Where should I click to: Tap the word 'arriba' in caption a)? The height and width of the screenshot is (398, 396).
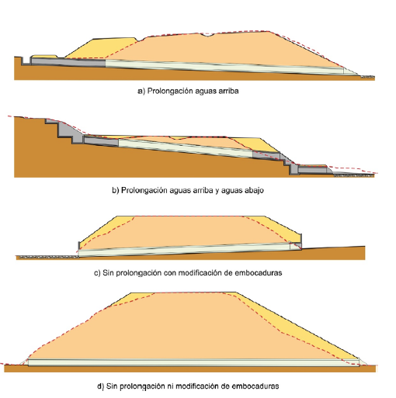(x=228, y=91)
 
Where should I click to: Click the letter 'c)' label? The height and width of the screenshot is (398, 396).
(x=97, y=273)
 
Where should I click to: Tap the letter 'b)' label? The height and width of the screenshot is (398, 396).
(x=116, y=191)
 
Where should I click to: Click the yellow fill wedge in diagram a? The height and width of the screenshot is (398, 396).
(x=103, y=48)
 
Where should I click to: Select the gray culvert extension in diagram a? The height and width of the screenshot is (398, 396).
(x=68, y=62)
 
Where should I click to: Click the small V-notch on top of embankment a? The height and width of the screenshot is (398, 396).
(x=208, y=35)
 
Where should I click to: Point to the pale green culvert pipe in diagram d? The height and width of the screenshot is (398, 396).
(x=193, y=362)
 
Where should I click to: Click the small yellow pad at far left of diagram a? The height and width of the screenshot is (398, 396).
(x=44, y=56)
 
